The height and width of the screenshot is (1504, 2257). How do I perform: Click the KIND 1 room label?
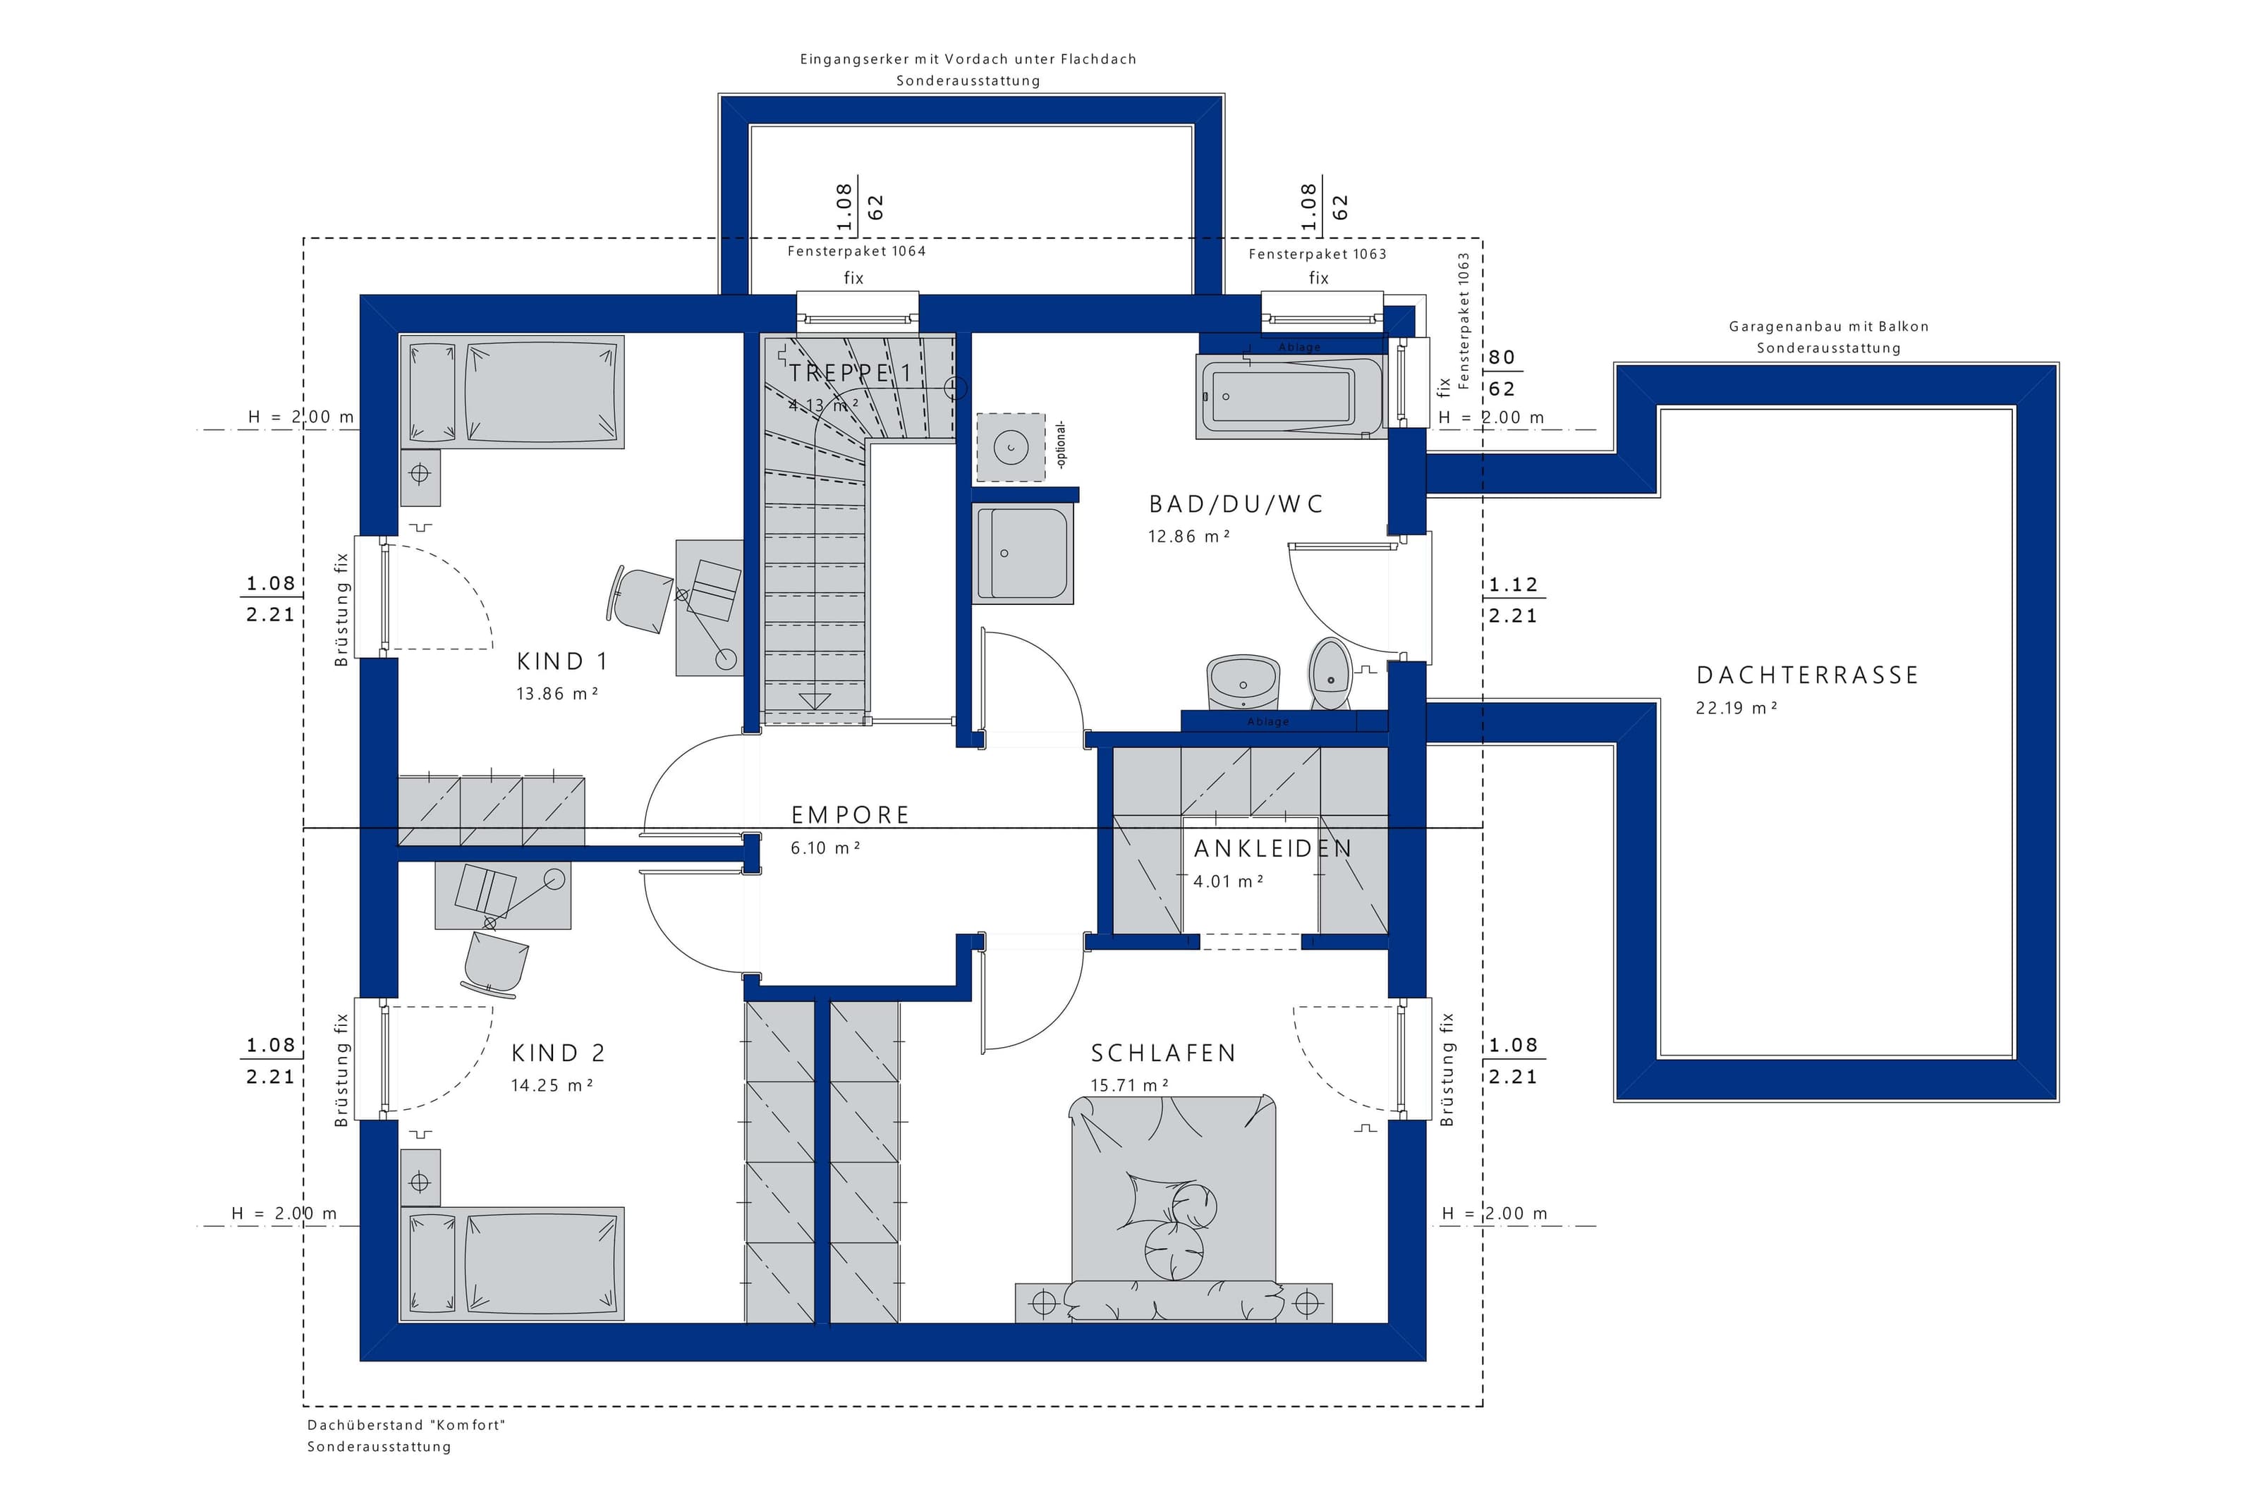(562, 661)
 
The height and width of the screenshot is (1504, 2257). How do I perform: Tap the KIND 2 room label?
(559, 1053)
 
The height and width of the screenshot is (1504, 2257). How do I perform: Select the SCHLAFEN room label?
(1164, 1053)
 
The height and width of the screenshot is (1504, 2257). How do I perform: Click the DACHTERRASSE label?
(1807, 675)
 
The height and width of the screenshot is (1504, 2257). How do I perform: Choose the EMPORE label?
(851, 815)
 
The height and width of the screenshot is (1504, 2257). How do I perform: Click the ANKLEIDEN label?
(1273, 849)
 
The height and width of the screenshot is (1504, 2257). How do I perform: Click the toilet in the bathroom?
(1330, 673)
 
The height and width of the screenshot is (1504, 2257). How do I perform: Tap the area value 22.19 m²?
(1737, 708)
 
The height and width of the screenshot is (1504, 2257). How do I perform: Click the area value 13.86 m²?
(557, 694)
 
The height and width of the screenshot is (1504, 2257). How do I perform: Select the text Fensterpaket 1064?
(856, 251)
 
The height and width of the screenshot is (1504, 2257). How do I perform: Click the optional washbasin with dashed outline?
(1011, 447)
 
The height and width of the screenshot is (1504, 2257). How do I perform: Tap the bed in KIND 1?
(512, 391)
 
